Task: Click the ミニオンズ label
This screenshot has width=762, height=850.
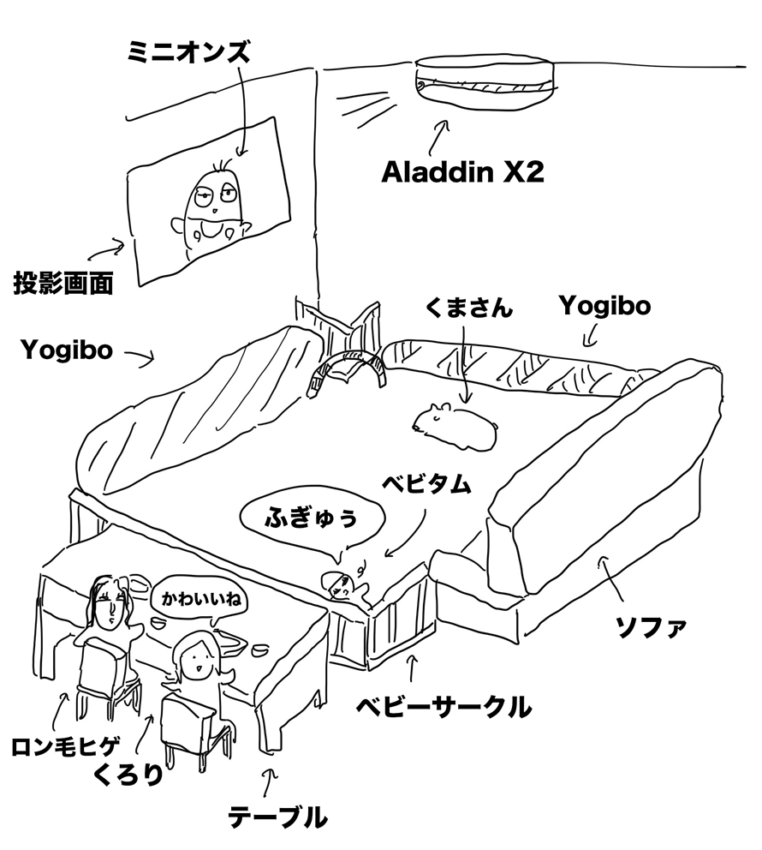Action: pyautogui.click(x=189, y=53)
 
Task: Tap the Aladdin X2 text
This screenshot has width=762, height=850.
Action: pyautogui.click(x=462, y=172)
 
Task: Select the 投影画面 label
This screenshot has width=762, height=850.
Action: pyautogui.click(x=63, y=283)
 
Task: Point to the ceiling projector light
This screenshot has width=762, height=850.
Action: pyautogui.click(x=485, y=78)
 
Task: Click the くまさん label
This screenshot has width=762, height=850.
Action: pyautogui.click(x=468, y=308)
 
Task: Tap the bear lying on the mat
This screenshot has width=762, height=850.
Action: pyautogui.click(x=455, y=427)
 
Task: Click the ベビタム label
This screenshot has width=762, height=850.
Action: pyautogui.click(x=426, y=484)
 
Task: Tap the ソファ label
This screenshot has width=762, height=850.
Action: pyautogui.click(x=652, y=628)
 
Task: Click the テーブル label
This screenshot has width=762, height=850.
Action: pyautogui.click(x=277, y=817)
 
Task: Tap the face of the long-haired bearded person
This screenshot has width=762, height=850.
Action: pyautogui.click(x=110, y=608)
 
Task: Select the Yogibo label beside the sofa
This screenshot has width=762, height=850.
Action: pyautogui.click(x=605, y=307)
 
